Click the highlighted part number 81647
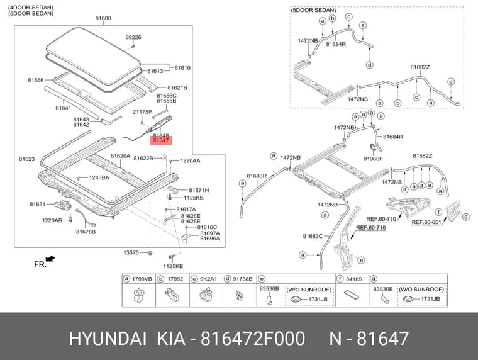pos(160,140)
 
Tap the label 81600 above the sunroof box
pos(103,18)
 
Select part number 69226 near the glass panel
pos(133,37)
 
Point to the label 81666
pos(36,80)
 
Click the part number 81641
pos(64,108)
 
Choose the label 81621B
pos(177,88)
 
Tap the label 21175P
pos(142,112)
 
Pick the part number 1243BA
pos(99,177)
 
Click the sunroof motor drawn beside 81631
pos(62,205)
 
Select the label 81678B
pos(86,232)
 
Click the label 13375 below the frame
pos(131,252)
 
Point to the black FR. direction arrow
pos(50,259)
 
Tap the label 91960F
pos(373,159)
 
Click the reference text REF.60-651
pos(426,222)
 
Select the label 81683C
pos(313,236)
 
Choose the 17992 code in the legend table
pos(175,279)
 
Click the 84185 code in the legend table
pos(353,279)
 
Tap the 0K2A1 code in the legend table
pos(209,279)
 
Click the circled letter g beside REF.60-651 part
pos(466,217)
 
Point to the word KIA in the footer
pos(171,339)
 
